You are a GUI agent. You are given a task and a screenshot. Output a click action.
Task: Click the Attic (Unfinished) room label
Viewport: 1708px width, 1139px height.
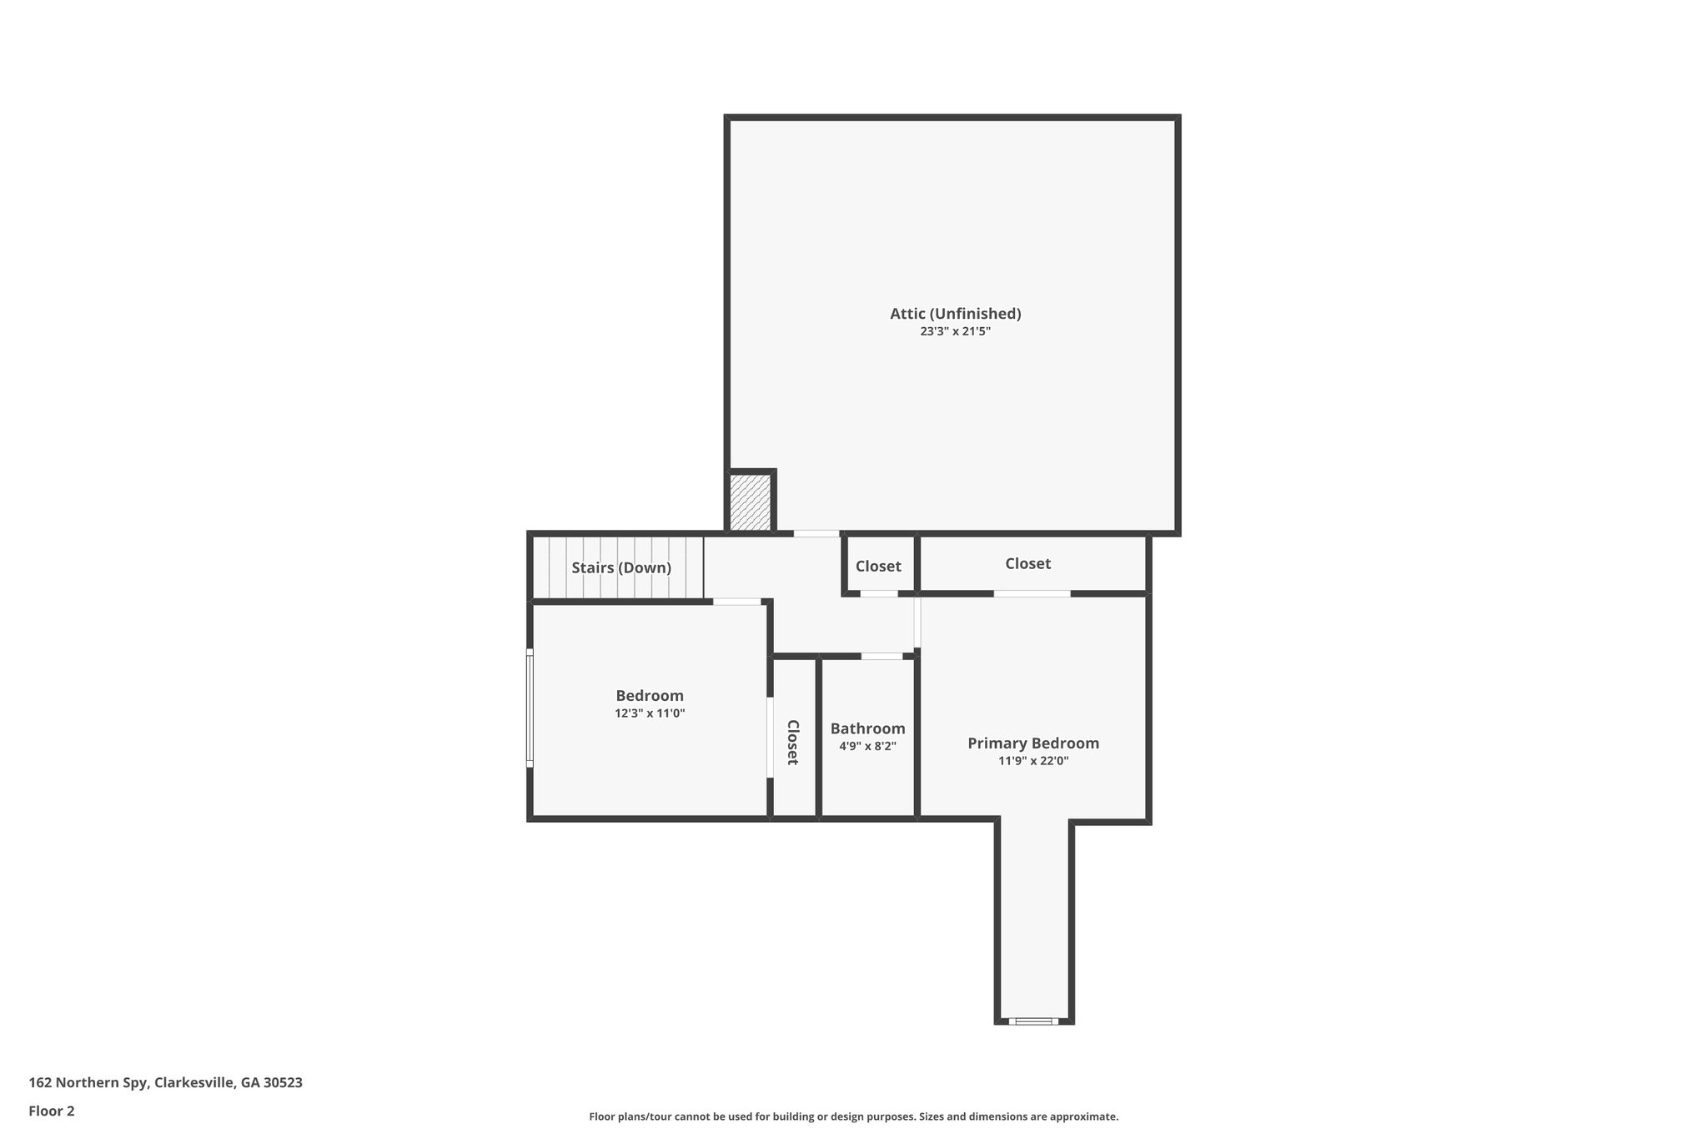click(x=955, y=314)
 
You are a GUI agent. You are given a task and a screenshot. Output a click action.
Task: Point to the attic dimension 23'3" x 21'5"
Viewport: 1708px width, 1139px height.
click(x=955, y=331)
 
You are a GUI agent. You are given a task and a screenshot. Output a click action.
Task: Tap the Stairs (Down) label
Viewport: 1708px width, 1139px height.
click(x=620, y=567)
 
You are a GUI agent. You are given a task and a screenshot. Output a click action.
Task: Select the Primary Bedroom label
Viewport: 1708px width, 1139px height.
click(x=1032, y=743)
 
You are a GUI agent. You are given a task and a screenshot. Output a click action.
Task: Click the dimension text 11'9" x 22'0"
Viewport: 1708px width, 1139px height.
click(x=1032, y=761)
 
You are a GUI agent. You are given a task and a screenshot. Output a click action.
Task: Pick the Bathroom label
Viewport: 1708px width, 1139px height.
click(x=867, y=728)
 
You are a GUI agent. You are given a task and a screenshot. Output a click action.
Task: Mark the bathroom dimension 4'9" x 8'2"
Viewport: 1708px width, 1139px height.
click(x=867, y=746)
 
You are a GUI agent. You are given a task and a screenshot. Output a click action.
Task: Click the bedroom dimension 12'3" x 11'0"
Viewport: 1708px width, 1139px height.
click(x=650, y=713)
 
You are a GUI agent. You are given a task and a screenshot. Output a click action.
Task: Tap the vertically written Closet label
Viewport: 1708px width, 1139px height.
click(x=793, y=742)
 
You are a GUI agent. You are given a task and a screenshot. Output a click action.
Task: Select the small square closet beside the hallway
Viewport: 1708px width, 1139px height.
click(x=878, y=566)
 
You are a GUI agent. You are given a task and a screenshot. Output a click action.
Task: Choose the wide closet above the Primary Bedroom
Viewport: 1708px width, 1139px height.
click(x=1027, y=563)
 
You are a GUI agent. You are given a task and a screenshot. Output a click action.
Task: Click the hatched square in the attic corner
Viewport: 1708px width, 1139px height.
click(x=750, y=501)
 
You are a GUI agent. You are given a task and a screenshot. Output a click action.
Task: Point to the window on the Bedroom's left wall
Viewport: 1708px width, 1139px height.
click(x=530, y=708)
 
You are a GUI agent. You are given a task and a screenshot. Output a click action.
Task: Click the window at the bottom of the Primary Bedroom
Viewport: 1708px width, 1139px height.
click(x=1033, y=1021)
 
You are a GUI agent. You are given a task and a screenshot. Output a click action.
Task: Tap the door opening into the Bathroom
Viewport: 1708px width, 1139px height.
click(x=882, y=657)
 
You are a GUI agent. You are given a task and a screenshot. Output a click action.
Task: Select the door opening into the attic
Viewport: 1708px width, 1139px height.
click(x=816, y=534)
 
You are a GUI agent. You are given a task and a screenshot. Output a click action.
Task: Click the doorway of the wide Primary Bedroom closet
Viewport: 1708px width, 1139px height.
click(x=1032, y=593)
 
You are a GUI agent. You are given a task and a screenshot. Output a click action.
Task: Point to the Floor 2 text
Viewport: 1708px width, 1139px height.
click(x=52, y=1111)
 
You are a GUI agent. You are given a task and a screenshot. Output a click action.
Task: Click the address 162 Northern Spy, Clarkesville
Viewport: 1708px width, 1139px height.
click(x=165, y=1083)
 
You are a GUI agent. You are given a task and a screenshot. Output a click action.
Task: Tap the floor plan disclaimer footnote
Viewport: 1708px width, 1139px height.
click(x=853, y=1116)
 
